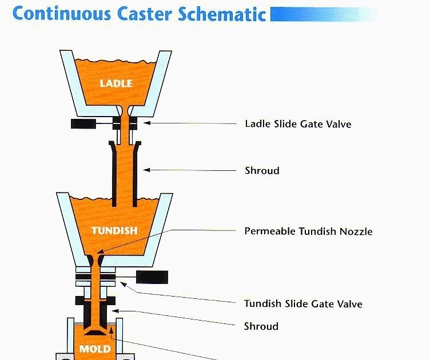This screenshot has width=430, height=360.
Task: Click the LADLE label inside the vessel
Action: (116, 83)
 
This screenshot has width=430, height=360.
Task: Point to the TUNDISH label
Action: (114, 231)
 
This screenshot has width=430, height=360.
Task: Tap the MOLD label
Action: (95, 349)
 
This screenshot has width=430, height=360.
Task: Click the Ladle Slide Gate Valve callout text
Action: (298, 123)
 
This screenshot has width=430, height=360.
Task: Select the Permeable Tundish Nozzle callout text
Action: (308, 231)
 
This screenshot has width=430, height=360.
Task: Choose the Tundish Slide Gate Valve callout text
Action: (303, 303)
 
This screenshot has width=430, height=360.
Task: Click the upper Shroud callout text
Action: (262, 170)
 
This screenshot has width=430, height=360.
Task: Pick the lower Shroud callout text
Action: (261, 326)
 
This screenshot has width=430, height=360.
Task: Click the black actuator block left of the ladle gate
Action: (82, 123)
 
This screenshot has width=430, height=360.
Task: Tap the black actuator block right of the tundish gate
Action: (152, 277)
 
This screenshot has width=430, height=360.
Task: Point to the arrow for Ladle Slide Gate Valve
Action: (189, 123)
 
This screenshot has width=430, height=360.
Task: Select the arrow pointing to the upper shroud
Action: (189, 170)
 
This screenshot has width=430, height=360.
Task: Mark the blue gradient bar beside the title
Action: (323, 14)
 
